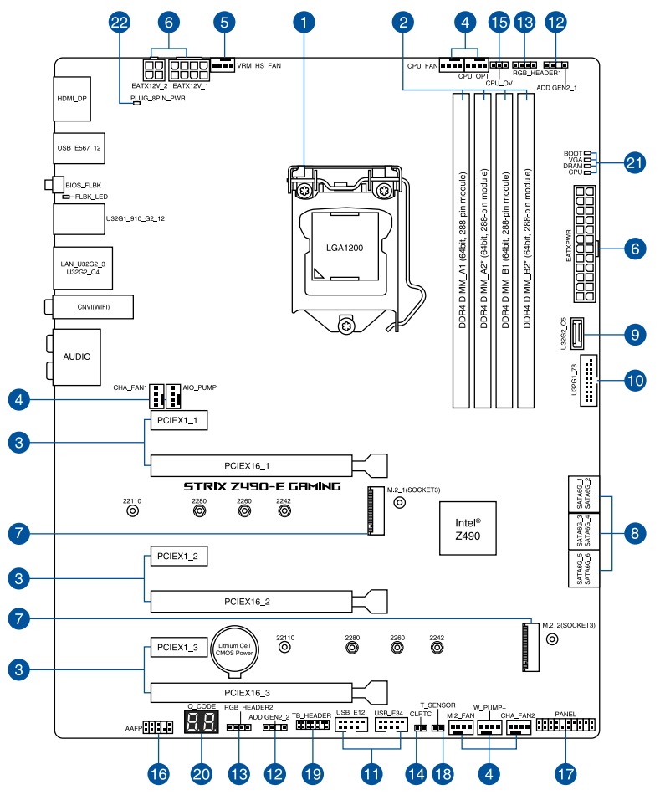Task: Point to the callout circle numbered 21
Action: (637, 163)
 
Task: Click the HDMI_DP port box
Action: (72, 98)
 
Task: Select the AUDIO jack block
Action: (76, 356)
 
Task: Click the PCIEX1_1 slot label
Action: (177, 421)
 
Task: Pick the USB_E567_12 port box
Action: (78, 148)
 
